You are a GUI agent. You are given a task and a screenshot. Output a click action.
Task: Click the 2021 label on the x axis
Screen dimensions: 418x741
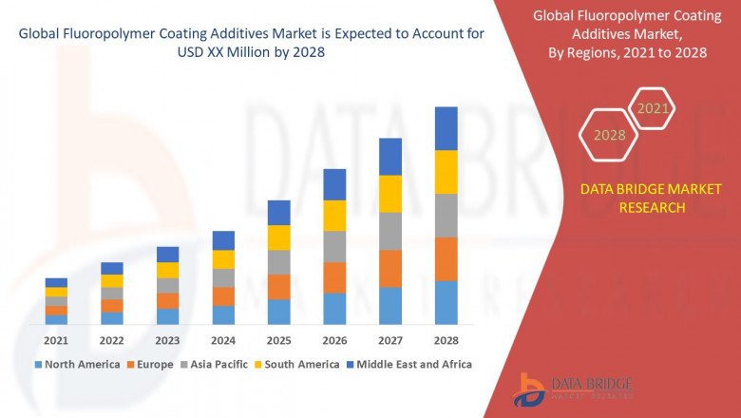click(x=56, y=340)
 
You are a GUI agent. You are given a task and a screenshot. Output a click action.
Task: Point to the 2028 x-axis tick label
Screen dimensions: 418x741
click(x=446, y=340)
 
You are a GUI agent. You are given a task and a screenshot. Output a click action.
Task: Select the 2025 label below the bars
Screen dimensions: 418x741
click(x=278, y=340)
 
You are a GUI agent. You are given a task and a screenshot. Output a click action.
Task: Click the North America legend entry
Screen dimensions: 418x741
click(x=77, y=364)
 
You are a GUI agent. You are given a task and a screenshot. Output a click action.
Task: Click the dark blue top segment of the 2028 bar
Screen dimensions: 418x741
click(x=446, y=128)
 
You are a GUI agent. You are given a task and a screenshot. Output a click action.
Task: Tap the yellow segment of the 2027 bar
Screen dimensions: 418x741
click(x=390, y=194)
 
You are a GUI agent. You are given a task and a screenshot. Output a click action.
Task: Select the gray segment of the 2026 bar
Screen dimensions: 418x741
click(x=334, y=246)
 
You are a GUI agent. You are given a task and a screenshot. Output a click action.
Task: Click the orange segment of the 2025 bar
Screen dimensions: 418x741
click(x=278, y=287)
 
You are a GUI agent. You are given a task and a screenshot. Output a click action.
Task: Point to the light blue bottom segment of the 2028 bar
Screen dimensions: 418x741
click(x=446, y=302)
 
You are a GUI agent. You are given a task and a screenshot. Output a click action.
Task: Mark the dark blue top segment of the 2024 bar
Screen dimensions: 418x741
click(x=223, y=240)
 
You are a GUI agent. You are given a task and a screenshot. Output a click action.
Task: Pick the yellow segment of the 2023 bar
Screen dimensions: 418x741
click(x=167, y=270)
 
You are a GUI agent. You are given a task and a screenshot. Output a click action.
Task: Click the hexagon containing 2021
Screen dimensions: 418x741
click(x=652, y=109)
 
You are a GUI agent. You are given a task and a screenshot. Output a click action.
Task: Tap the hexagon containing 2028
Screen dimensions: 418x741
click(x=610, y=135)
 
